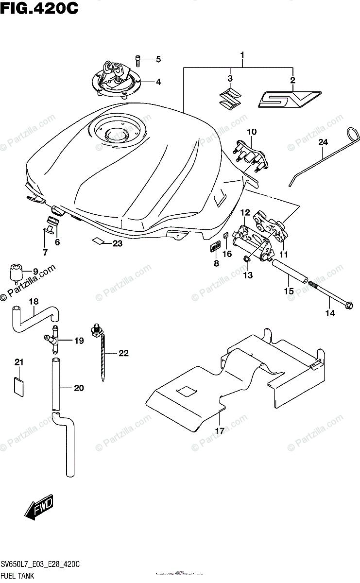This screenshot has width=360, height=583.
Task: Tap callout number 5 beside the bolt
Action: tap(158, 60)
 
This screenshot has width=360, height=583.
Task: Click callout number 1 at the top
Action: tap(242, 55)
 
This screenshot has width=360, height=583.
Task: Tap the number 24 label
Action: tap(323, 142)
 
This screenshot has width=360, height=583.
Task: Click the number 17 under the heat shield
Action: tap(220, 430)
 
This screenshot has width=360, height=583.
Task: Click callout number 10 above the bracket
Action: tap(251, 132)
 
